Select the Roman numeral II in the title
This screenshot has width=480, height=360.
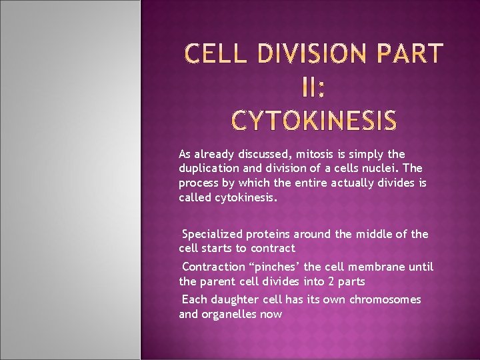[313, 86]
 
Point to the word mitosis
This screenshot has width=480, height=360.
[304, 154]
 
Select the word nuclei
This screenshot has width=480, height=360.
[382, 169]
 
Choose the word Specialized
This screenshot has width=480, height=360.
[213, 234]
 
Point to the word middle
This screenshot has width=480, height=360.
[376, 234]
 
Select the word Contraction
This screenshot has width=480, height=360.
[213, 267]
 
